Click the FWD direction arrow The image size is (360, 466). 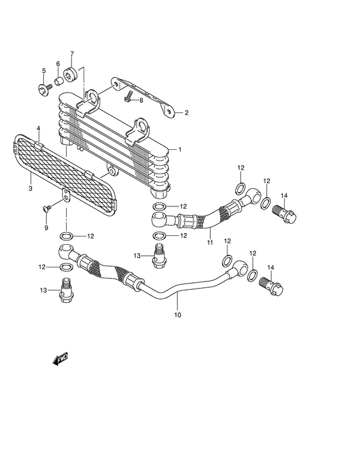point(60,359)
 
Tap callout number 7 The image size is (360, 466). point(72,54)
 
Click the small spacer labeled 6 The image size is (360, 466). point(59,80)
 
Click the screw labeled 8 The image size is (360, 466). point(129,96)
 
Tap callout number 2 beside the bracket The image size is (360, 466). point(186,112)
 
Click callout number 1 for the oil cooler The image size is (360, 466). point(180,150)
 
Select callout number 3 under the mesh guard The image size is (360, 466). point(30,188)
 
